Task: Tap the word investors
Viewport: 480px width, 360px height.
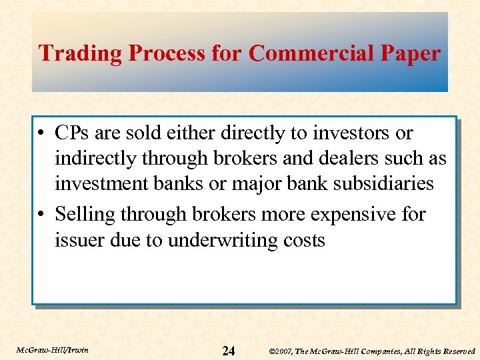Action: tap(353, 133)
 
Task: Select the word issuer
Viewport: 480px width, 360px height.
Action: tap(79, 240)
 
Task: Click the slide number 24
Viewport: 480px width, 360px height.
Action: tap(228, 350)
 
